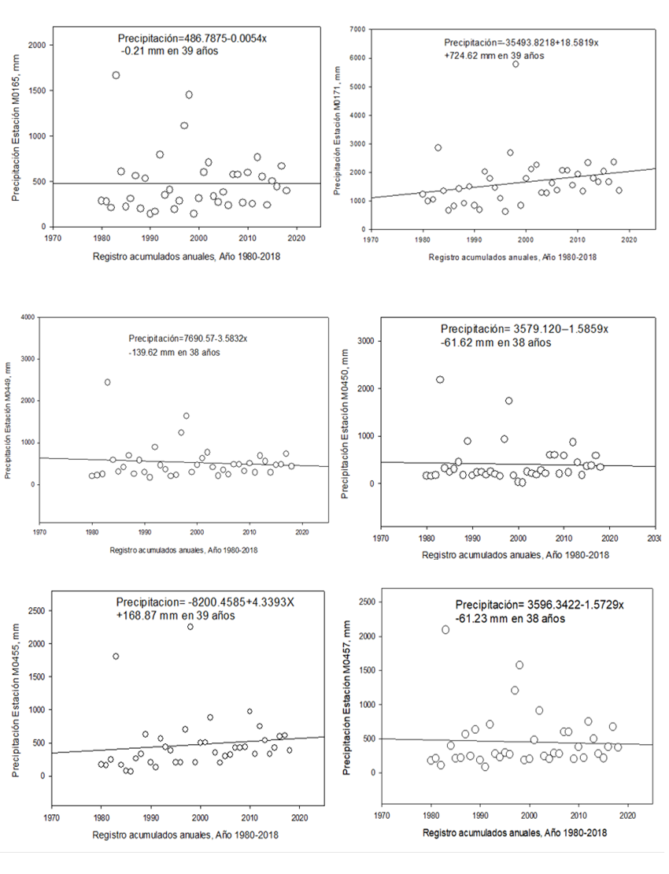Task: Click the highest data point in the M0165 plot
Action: pyautogui.click(x=116, y=76)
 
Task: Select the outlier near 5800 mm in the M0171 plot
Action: pyautogui.click(x=516, y=65)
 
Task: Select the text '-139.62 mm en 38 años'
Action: pyautogui.click(x=175, y=352)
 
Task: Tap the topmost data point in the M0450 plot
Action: pyautogui.click(x=440, y=380)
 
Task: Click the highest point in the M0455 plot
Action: pyautogui.click(x=190, y=627)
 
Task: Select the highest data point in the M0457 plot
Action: pyautogui.click(x=445, y=630)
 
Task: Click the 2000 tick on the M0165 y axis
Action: pyautogui.click(x=35, y=46)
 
